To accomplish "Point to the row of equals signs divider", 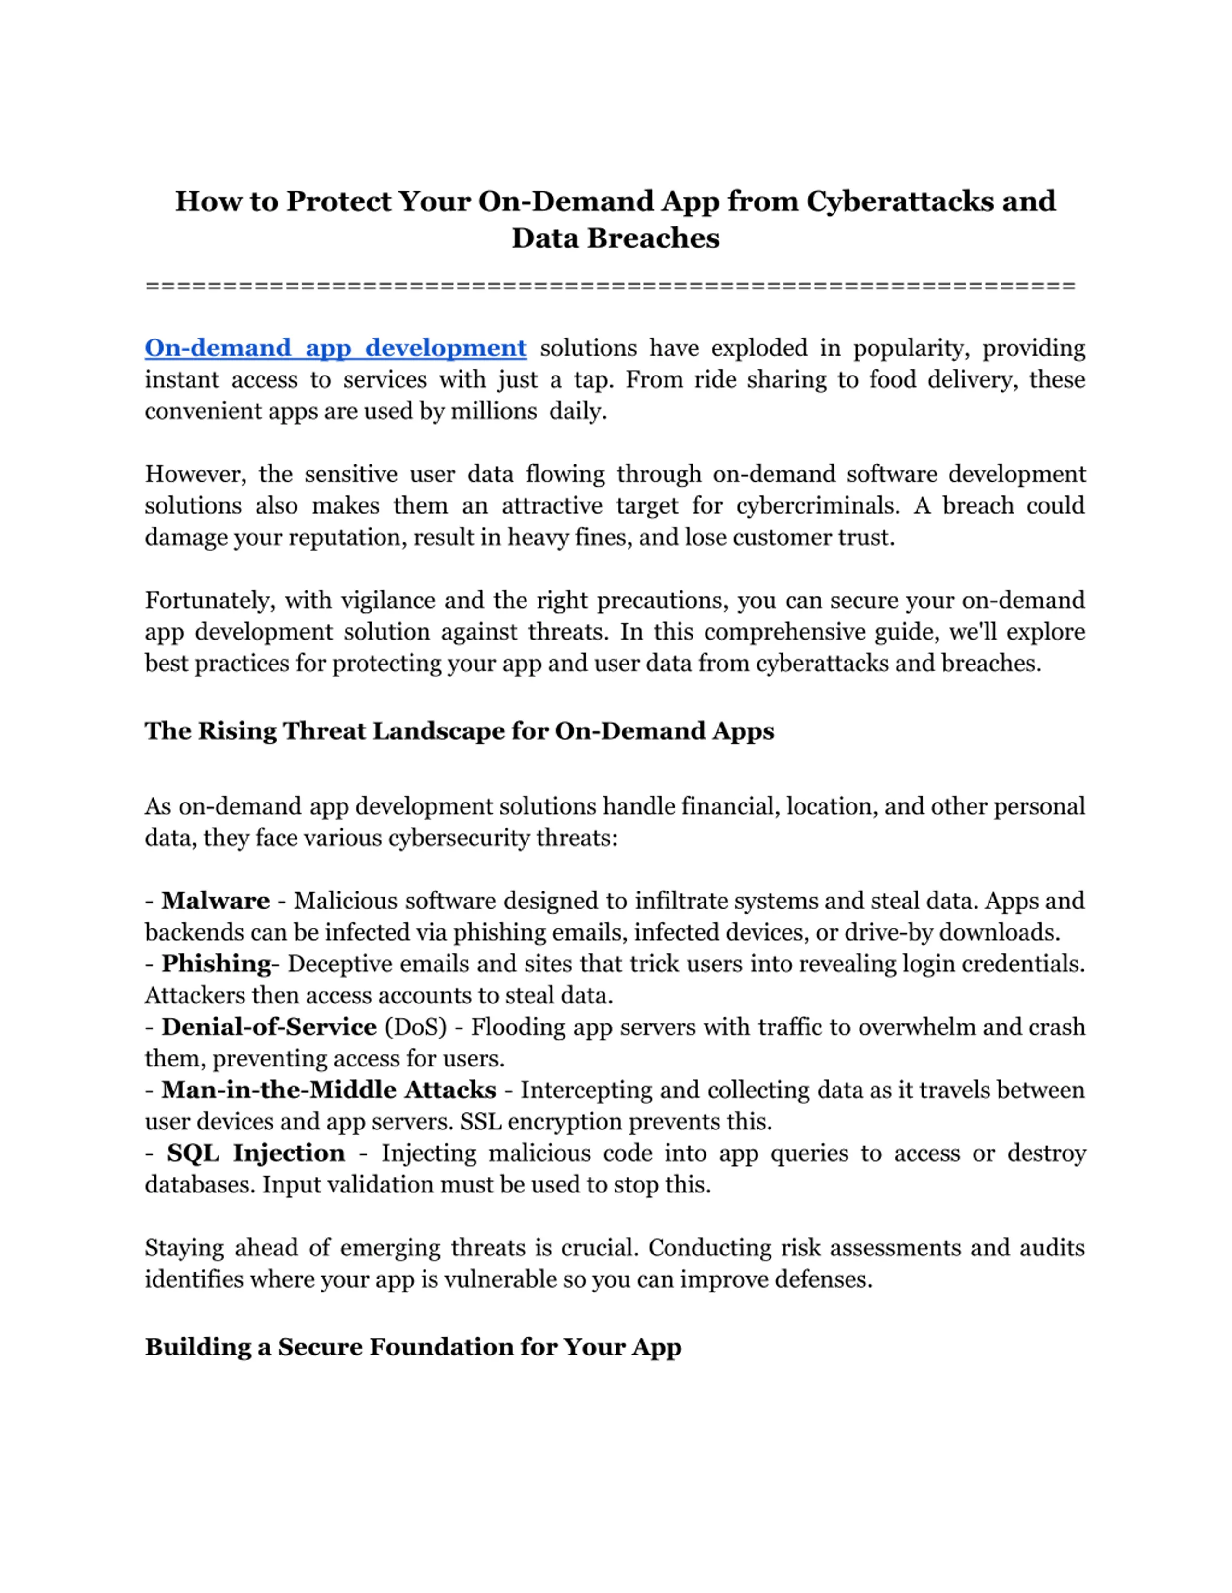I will (x=610, y=286).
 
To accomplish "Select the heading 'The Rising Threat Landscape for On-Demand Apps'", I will (x=459, y=731).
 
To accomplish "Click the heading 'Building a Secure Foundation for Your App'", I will (x=413, y=1346).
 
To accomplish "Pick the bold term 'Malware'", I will (x=215, y=901).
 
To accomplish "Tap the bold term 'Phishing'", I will (x=216, y=964).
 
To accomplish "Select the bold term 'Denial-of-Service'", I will (x=269, y=1027).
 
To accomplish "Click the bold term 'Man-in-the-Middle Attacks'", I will (x=328, y=1090).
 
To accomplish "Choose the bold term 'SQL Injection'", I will (x=256, y=1153).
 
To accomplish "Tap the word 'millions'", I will (x=493, y=412).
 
